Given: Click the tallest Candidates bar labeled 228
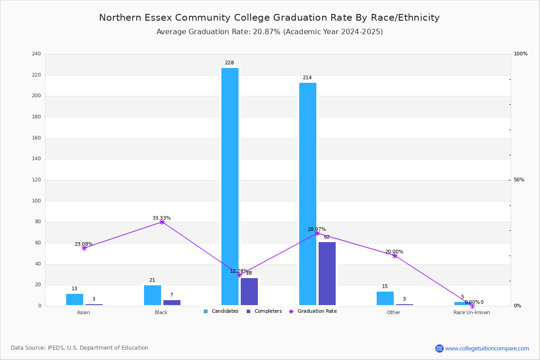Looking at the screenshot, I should pyautogui.click(x=230, y=186).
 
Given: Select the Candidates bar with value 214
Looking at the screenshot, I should pyautogui.click(x=308, y=194).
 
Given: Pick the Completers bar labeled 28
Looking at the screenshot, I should pyautogui.click(x=249, y=292).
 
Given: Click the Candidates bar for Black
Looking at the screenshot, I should pyautogui.click(x=153, y=295).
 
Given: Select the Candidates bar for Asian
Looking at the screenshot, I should pyautogui.click(x=75, y=299).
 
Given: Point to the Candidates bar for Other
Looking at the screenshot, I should pyautogui.click(x=385, y=298).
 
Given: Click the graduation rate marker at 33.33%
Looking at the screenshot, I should pyautogui.click(x=162, y=222).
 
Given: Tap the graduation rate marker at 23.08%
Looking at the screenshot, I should pyautogui.click(x=84, y=248).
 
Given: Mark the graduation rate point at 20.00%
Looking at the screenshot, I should pyautogui.click(x=395, y=256).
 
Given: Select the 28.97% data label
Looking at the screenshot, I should pyautogui.click(x=317, y=229).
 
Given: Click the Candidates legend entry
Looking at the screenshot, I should pyautogui.click(x=221, y=311).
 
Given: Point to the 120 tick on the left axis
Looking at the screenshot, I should pyautogui.click(x=36, y=180).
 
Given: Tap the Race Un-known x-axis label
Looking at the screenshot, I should pyautogui.click(x=472, y=312).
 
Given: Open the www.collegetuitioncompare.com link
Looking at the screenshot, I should pyautogui.click(x=487, y=348).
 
